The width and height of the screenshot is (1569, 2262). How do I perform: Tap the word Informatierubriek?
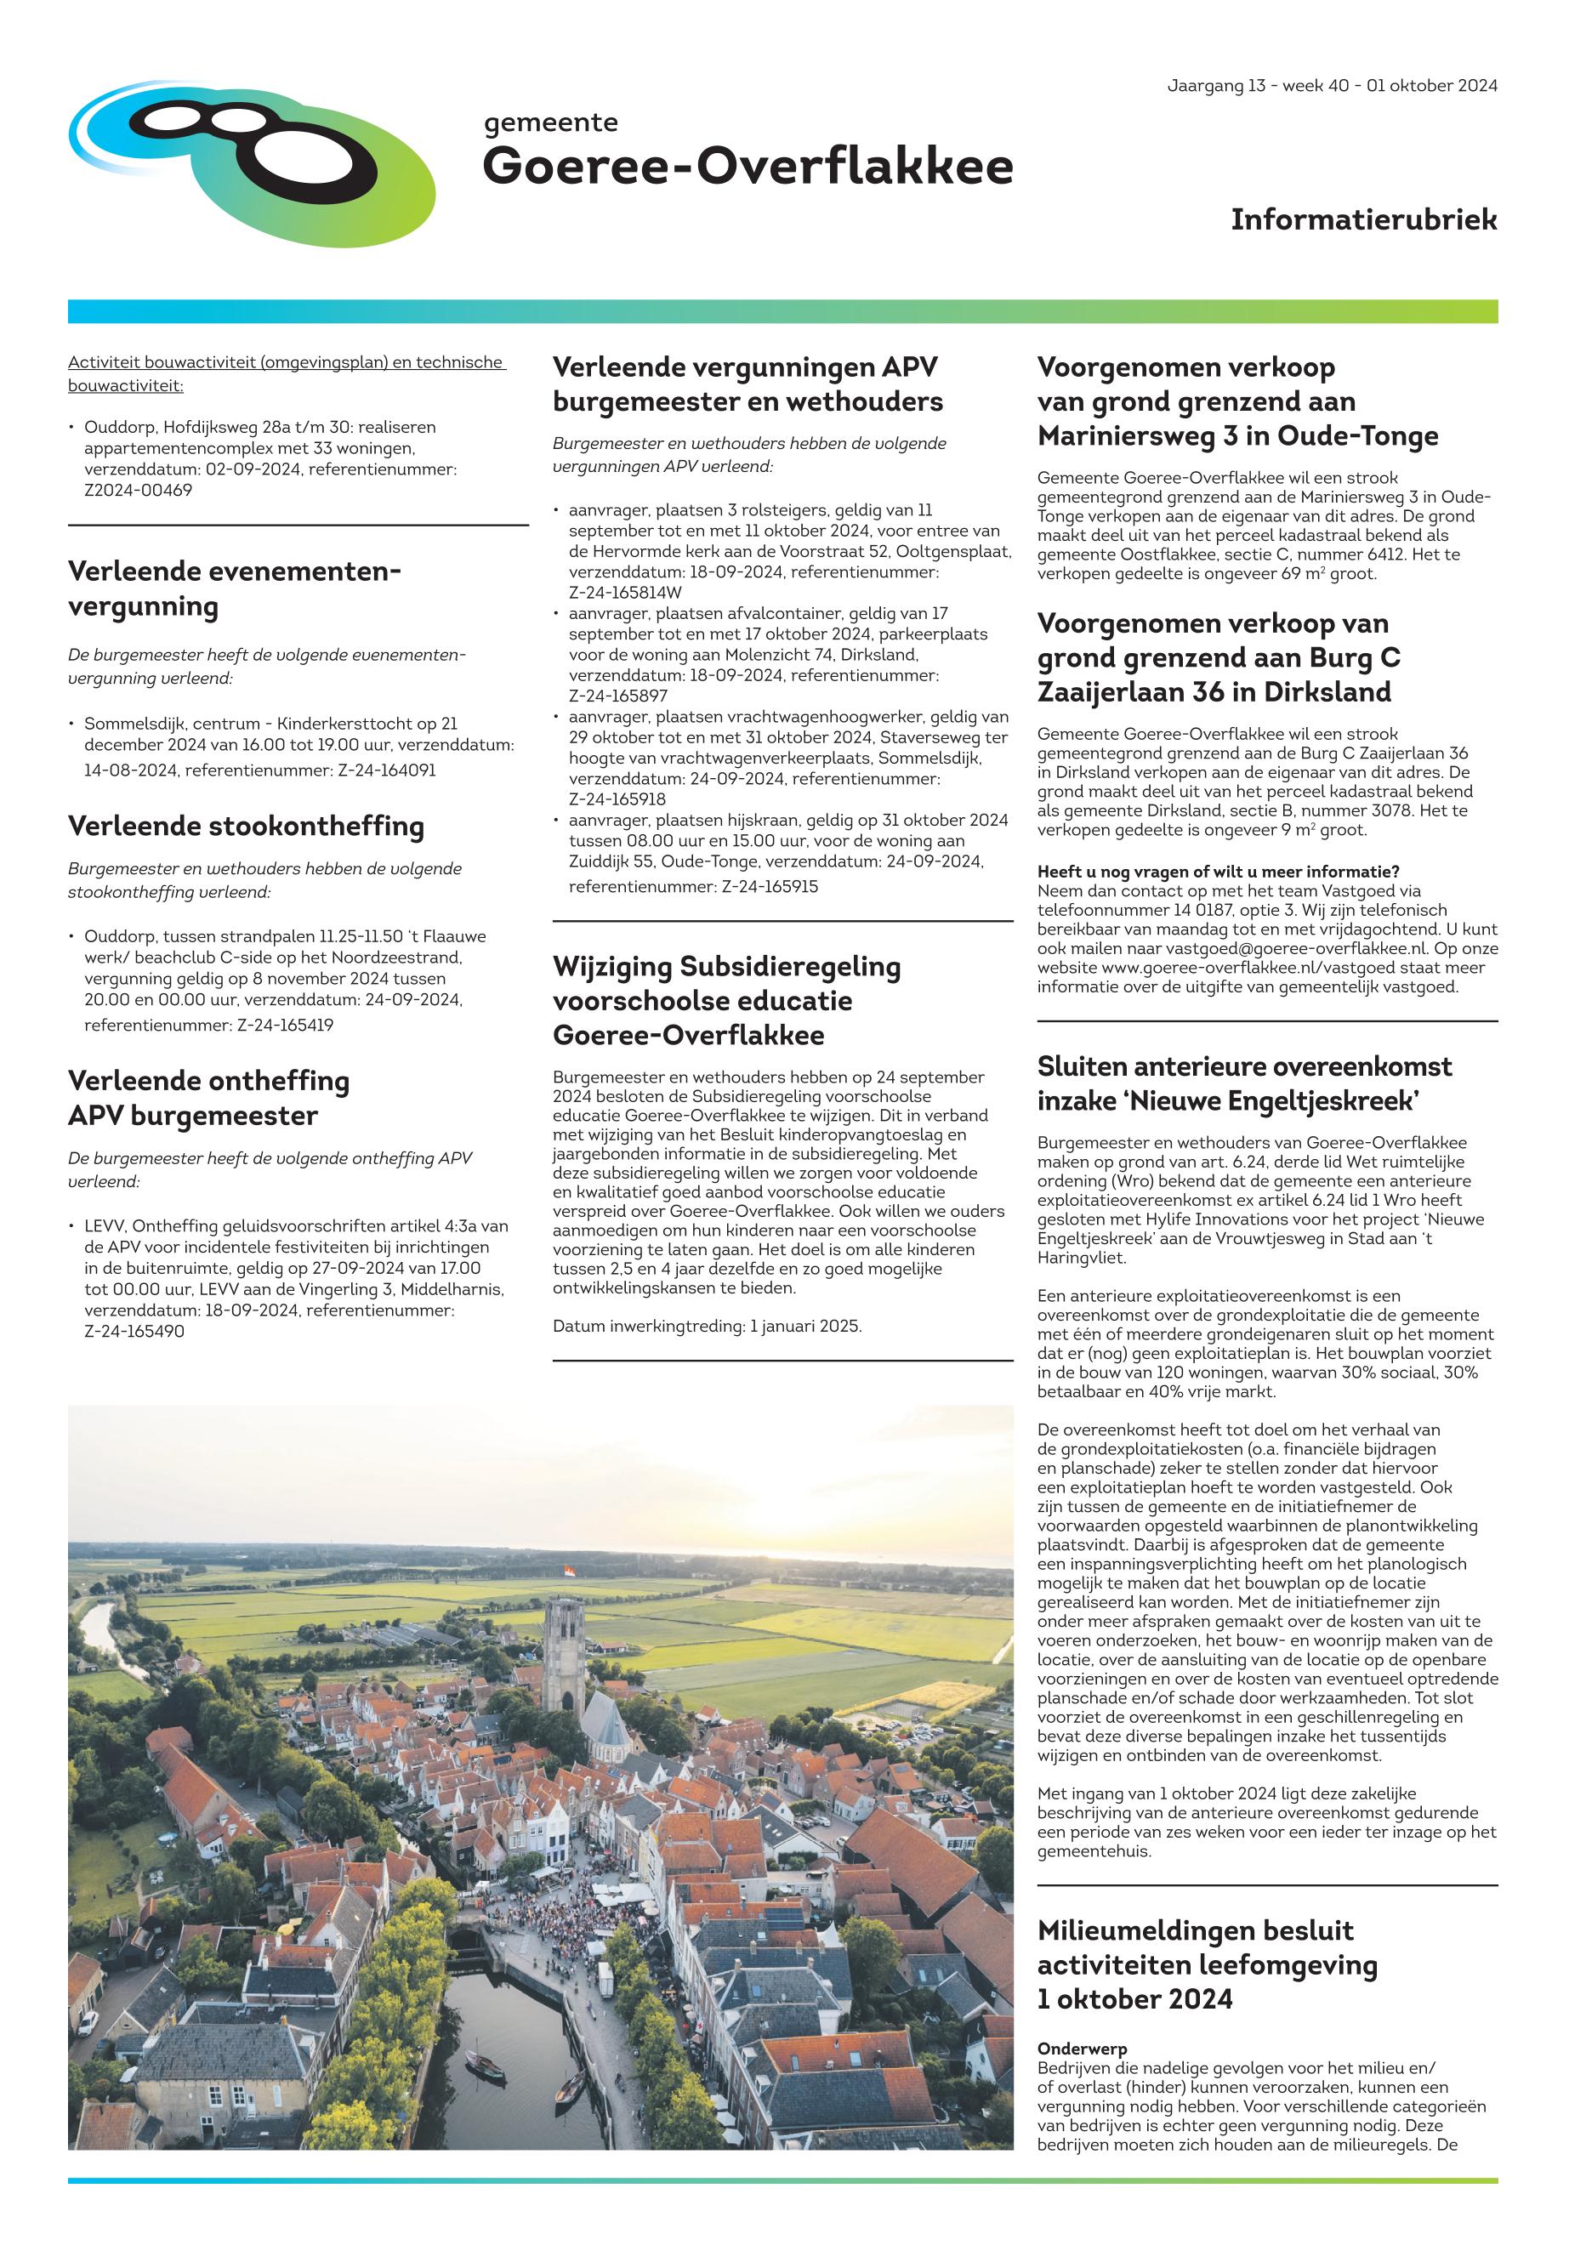[1362, 219]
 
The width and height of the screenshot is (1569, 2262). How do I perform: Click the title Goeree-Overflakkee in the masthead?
[748, 165]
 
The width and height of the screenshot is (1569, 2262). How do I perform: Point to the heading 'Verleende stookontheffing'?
[246, 826]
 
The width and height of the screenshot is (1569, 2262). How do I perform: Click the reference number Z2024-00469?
[138, 490]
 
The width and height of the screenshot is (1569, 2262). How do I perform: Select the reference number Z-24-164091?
[386, 770]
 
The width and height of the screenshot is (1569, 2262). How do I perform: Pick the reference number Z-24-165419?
[284, 1025]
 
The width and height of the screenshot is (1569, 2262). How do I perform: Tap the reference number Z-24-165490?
[134, 1331]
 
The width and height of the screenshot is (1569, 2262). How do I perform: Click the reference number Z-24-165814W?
[625, 592]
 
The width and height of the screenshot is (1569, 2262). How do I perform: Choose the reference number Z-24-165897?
[618, 695]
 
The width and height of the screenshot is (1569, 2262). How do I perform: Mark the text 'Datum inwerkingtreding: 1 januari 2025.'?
[707, 1325]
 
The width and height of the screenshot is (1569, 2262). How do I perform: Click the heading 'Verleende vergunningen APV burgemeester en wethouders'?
[748, 384]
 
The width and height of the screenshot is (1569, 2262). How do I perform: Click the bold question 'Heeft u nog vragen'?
[1218, 871]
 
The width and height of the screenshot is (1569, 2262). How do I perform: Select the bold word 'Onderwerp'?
[1082, 2049]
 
